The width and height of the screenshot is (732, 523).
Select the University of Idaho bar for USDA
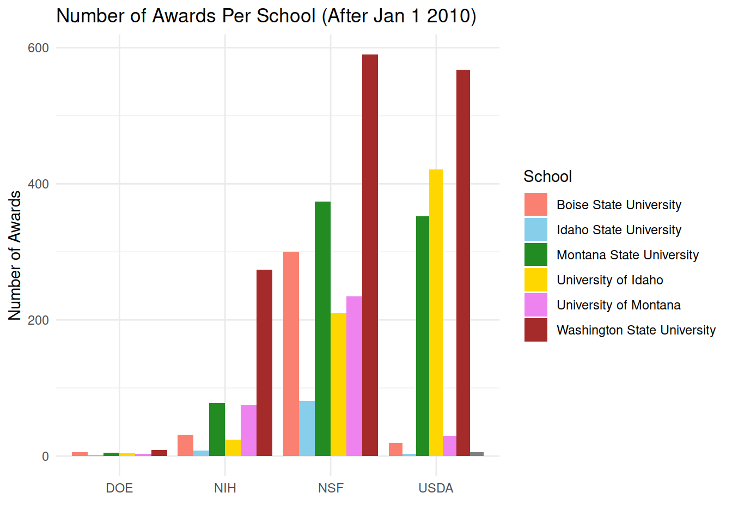tap(436, 313)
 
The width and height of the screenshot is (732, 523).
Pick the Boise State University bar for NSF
tap(291, 354)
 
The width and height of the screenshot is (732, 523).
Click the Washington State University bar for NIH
tap(264, 363)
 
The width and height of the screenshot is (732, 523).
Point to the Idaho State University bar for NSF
tap(307, 429)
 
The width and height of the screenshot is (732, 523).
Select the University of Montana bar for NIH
tap(248, 430)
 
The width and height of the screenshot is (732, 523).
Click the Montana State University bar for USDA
tap(423, 336)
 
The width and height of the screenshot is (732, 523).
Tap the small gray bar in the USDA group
tap(477, 454)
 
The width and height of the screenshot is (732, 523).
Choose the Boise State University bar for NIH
tap(185, 445)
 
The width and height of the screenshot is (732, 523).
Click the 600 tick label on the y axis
tap(38, 48)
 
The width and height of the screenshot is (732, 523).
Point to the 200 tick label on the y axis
tap(38, 320)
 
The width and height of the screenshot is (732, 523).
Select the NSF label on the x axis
tap(331, 488)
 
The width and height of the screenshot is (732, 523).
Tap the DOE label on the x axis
tap(119, 488)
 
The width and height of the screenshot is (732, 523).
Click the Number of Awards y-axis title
tap(15, 255)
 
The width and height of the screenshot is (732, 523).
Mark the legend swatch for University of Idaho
tap(535, 280)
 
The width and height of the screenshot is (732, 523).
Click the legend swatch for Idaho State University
tap(535, 230)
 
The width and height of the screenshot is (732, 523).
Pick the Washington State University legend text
tap(636, 330)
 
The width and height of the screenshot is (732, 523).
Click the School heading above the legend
tap(547, 177)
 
